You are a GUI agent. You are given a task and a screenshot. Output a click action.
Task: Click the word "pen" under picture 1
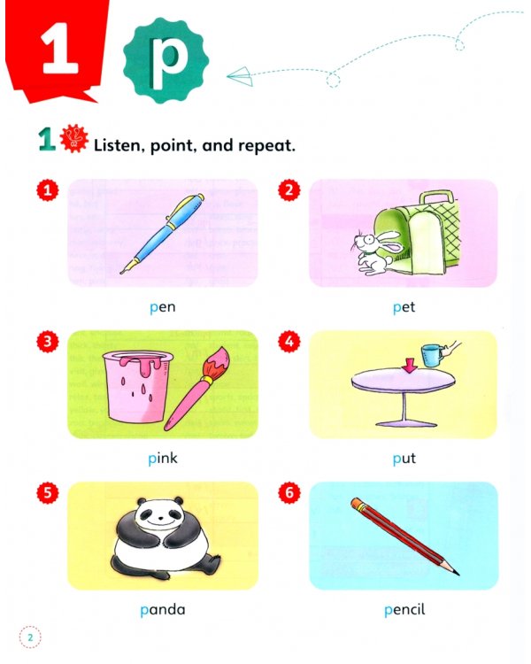click(163, 308)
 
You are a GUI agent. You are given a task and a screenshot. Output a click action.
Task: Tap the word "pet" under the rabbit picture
click(404, 308)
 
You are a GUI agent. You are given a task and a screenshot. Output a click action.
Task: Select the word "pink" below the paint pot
click(163, 459)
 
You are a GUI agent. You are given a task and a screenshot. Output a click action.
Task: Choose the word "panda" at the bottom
click(163, 609)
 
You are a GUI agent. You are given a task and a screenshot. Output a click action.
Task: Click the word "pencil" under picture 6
click(404, 609)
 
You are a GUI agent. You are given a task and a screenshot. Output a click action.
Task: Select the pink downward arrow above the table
click(410, 365)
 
